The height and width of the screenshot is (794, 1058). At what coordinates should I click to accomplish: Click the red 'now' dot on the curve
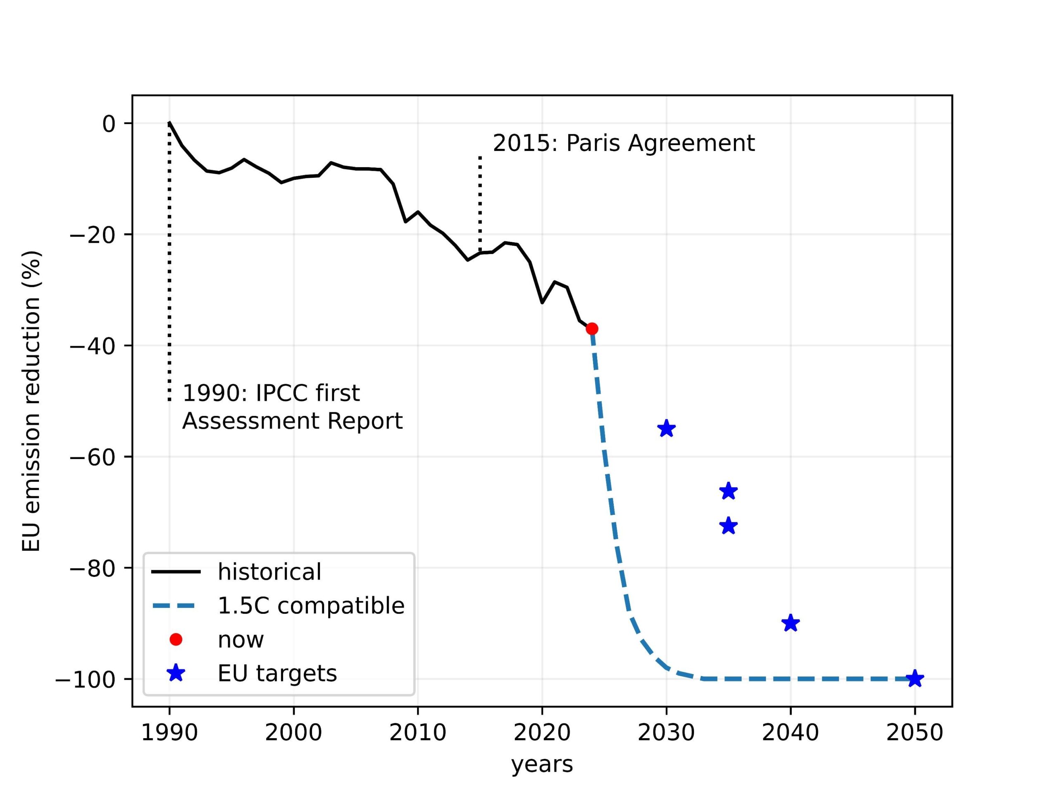[x=592, y=329]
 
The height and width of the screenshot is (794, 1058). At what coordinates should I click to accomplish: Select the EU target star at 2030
[x=666, y=429]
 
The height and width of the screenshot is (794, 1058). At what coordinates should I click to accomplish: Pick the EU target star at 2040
[x=790, y=623]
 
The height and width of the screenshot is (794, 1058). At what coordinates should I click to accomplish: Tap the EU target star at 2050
[x=915, y=679]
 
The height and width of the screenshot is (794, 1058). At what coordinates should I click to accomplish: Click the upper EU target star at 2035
[x=728, y=491]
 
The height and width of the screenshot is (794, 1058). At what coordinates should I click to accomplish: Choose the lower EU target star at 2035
[x=728, y=526]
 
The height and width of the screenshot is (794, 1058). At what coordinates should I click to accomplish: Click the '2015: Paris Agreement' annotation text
[x=624, y=143]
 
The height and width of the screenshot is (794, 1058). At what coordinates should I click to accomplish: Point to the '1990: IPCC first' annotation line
[x=271, y=393]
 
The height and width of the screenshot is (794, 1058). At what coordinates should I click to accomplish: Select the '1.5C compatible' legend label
[x=311, y=605]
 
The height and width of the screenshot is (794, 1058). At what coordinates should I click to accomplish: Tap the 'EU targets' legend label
[x=277, y=673]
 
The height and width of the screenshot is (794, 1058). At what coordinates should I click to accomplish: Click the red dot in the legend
[x=176, y=639]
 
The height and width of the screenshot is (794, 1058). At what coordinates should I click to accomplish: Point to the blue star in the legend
[x=176, y=673]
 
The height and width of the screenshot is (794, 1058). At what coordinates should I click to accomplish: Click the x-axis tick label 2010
[x=417, y=733]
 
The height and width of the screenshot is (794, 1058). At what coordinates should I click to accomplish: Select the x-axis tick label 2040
[x=790, y=733]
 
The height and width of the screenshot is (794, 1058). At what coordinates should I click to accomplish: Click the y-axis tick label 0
[x=109, y=124]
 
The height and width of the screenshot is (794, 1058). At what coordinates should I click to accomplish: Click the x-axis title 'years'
[x=542, y=765]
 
